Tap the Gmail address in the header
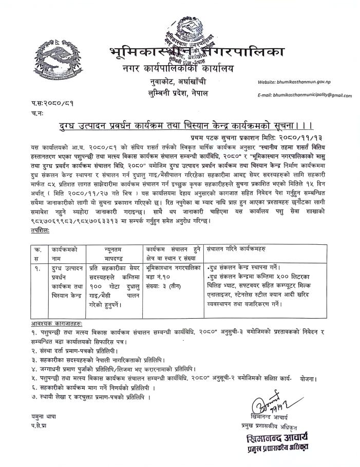coord(305,95)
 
